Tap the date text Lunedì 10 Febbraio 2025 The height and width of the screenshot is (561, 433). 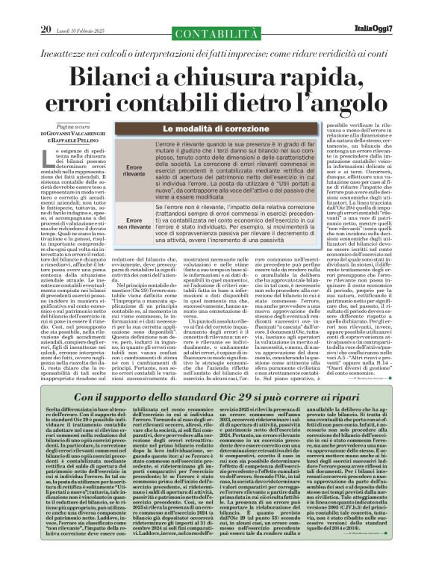coord(80,9)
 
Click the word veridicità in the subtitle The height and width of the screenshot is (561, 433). coord(338,34)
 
